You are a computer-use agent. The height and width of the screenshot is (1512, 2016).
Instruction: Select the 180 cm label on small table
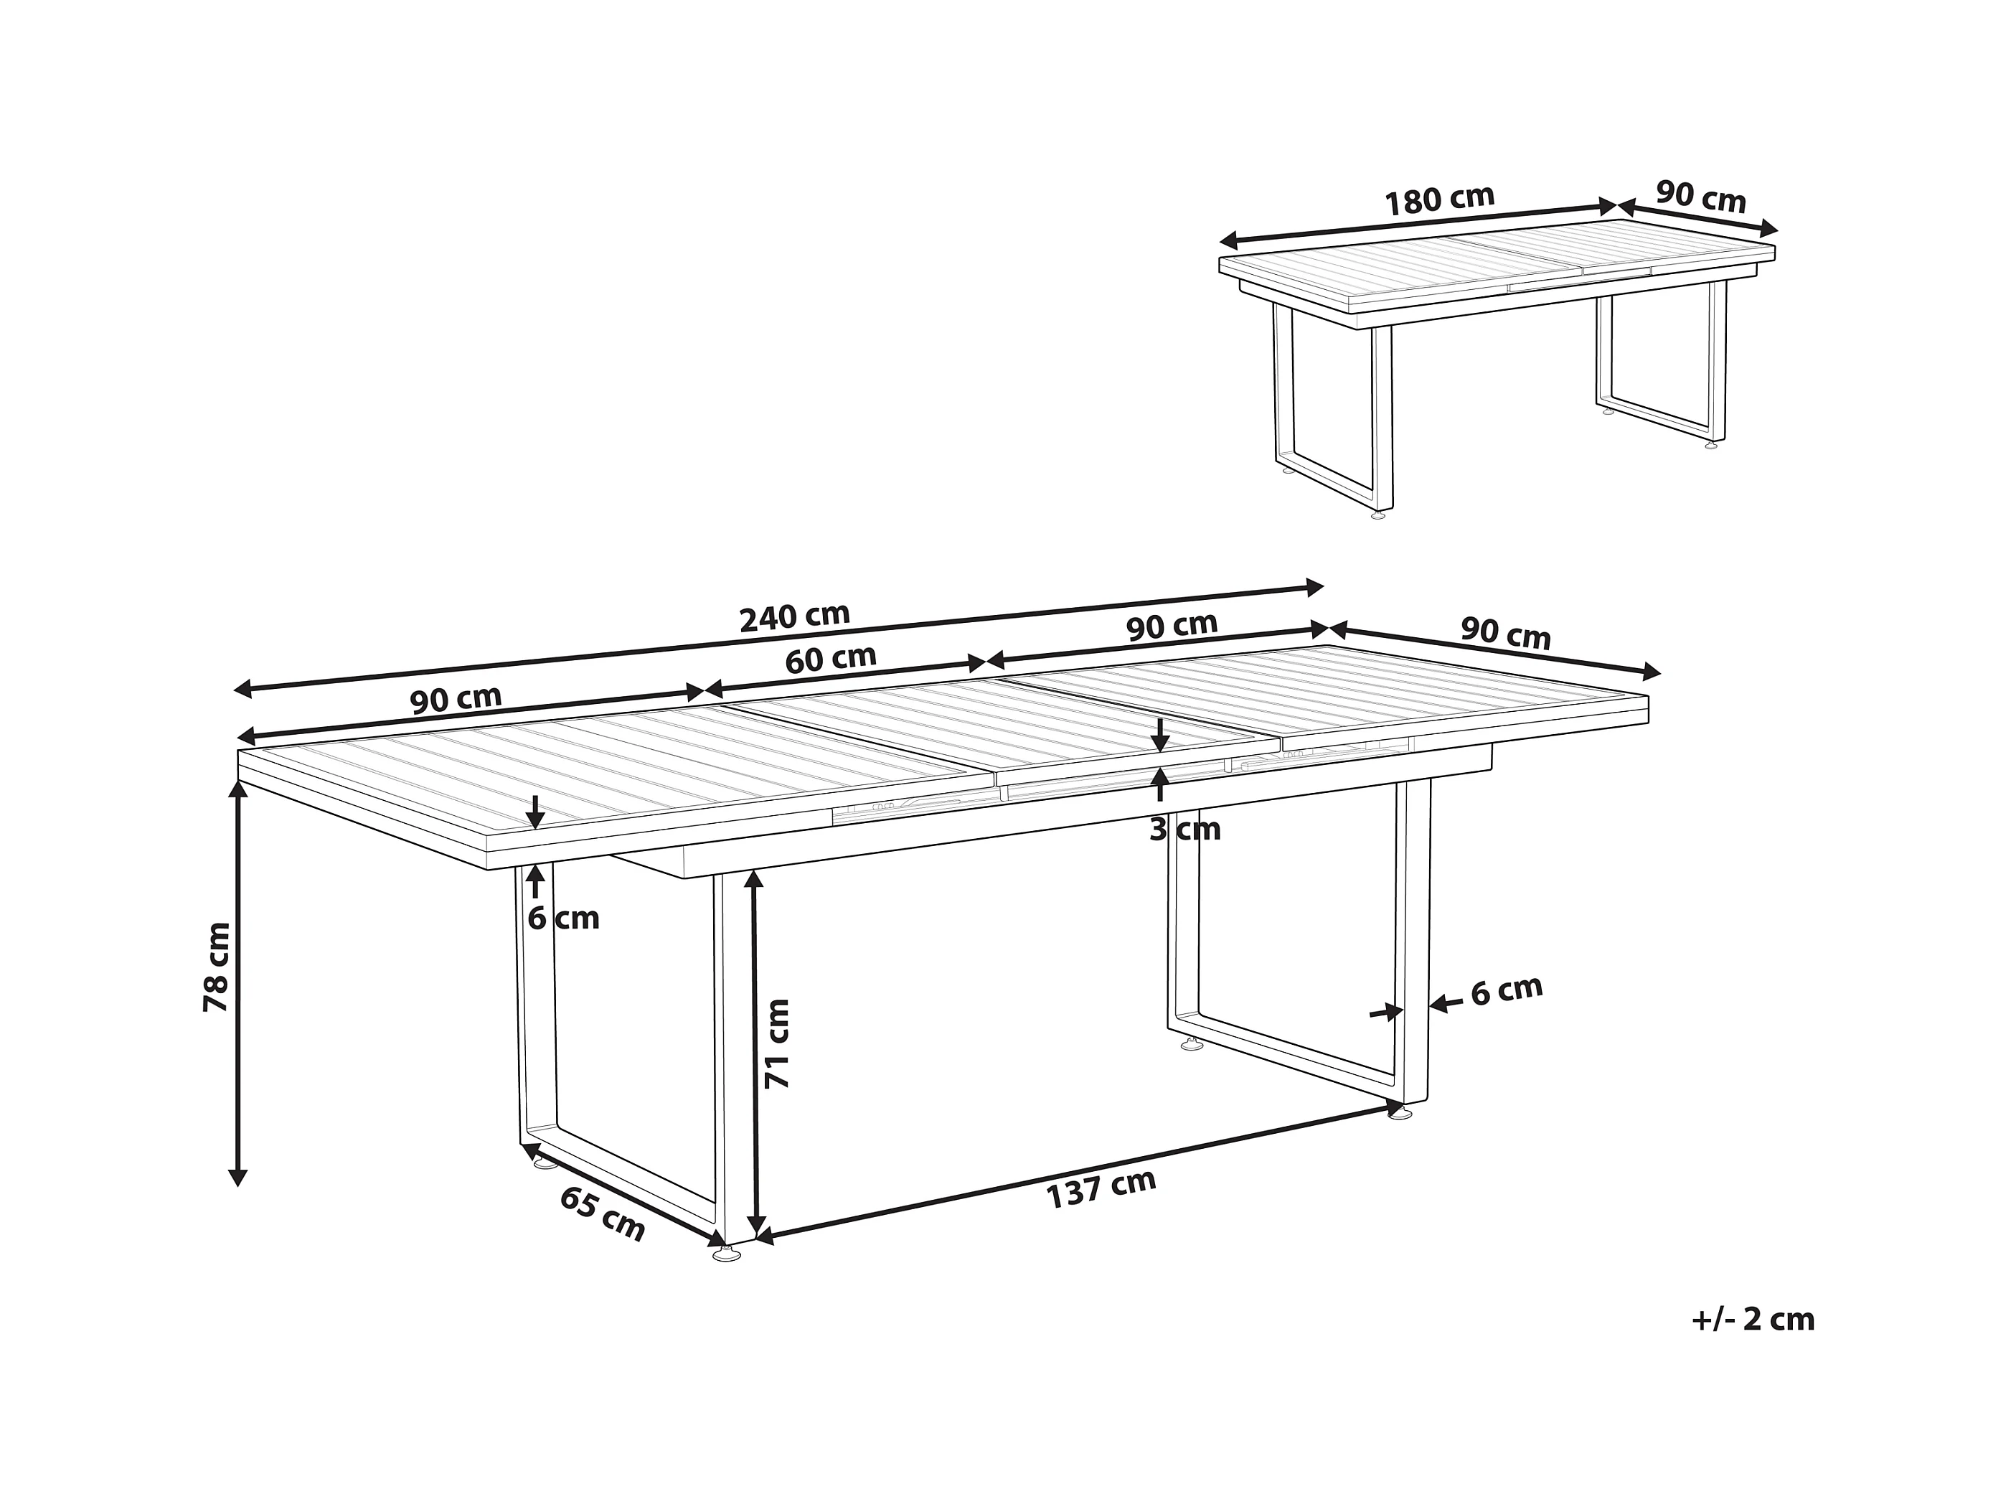pyautogui.click(x=1440, y=200)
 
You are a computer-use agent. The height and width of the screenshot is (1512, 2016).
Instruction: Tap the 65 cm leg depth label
pyautogui.click(x=601, y=1215)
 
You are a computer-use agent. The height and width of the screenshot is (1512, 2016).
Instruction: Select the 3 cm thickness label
pyautogui.click(x=1184, y=830)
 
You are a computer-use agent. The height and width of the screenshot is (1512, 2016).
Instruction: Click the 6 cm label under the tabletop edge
pyautogui.click(x=563, y=919)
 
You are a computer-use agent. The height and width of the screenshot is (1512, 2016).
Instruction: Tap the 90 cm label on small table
pyautogui.click(x=1700, y=197)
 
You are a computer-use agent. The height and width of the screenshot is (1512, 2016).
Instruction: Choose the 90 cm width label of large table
pyautogui.click(x=1506, y=632)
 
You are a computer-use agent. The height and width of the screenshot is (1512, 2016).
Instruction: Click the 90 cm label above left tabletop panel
pyautogui.click(x=456, y=699)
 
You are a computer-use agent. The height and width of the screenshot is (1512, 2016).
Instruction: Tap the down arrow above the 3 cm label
pyautogui.click(x=1159, y=735)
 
